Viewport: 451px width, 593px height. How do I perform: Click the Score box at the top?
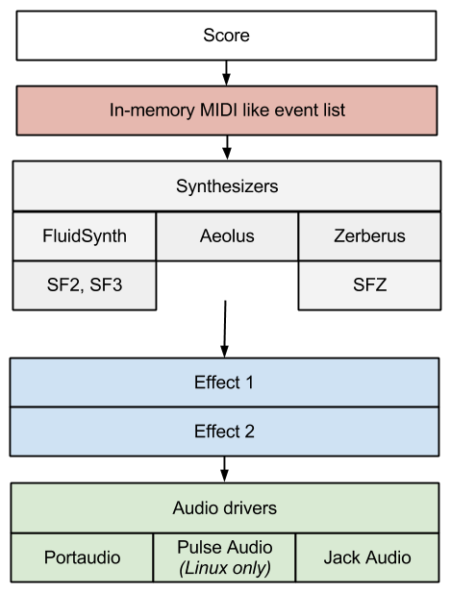tap(226, 36)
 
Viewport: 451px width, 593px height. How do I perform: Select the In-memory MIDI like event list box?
tap(227, 111)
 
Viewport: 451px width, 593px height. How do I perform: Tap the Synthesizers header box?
tap(227, 186)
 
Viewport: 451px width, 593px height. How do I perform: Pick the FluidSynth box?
tap(85, 236)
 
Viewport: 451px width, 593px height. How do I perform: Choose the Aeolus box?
tap(227, 236)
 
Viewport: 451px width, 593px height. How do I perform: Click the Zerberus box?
tap(369, 236)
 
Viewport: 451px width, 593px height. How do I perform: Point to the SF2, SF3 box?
tap(85, 285)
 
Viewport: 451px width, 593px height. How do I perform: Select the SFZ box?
tap(369, 285)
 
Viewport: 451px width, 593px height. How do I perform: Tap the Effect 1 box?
tap(224, 383)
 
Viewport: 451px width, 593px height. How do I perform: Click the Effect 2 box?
tap(224, 432)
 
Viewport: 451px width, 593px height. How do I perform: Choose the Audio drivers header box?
tap(225, 507)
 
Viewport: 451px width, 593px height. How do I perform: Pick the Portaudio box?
tap(82, 557)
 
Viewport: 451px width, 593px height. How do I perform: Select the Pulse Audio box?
tap(225, 557)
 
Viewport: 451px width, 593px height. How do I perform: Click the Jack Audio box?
tap(367, 557)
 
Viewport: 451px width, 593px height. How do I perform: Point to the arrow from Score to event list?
tap(226, 73)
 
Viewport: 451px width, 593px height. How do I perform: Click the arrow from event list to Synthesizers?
tap(227, 148)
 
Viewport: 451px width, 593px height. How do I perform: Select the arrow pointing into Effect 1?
tap(225, 329)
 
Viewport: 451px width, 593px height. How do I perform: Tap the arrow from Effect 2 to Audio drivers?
tap(224, 469)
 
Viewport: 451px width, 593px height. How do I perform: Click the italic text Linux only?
tap(225, 568)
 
